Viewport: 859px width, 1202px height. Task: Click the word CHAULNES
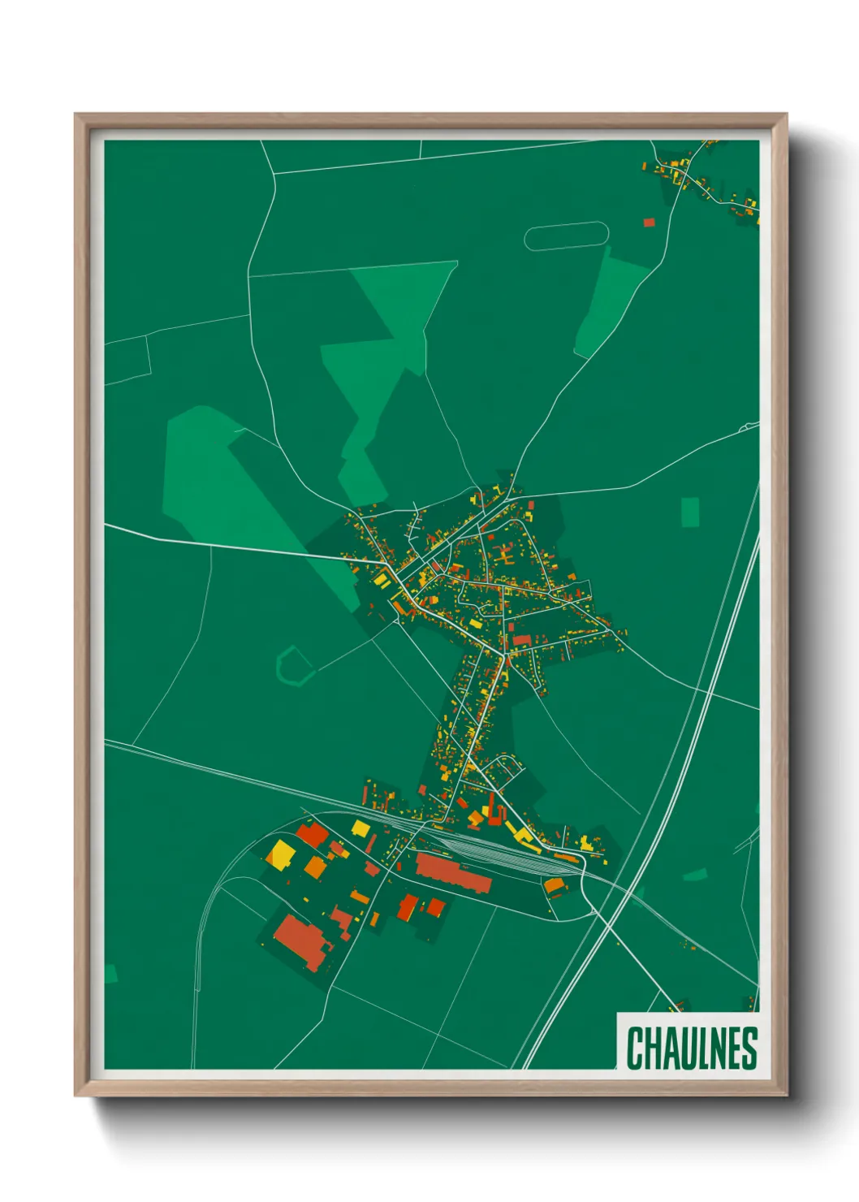click(692, 1048)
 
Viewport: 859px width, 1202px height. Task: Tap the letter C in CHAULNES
click(634, 1048)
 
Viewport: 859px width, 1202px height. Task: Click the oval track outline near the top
click(566, 236)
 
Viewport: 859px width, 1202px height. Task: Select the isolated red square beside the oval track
click(649, 222)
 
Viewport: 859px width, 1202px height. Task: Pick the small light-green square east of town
click(689, 512)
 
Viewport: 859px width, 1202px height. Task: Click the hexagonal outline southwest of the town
click(295, 666)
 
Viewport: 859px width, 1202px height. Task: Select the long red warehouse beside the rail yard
click(453, 873)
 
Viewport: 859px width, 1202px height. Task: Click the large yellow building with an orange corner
click(282, 854)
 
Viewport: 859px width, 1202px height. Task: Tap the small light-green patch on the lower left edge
click(110, 974)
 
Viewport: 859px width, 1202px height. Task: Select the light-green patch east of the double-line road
click(695, 875)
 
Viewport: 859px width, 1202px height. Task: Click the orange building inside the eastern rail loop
click(555, 885)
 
